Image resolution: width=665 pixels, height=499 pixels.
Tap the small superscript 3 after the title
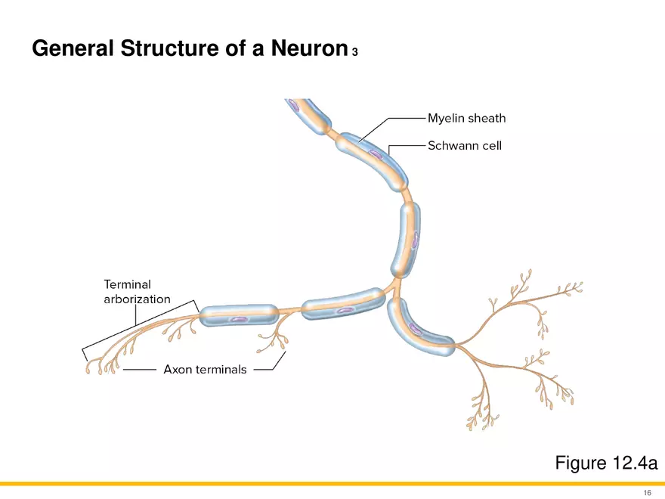(354, 52)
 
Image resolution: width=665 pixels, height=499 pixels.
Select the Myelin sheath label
(466, 118)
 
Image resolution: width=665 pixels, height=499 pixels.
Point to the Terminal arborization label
(137, 291)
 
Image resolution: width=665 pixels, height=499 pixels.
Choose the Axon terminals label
(205, 370)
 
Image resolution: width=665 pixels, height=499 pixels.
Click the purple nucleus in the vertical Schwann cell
(414, 240)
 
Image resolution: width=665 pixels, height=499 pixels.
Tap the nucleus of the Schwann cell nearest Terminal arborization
(239, 320)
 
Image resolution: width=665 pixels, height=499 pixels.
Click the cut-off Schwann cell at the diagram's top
(308, 115)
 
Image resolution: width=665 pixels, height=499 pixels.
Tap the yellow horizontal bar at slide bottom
(332, 483)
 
